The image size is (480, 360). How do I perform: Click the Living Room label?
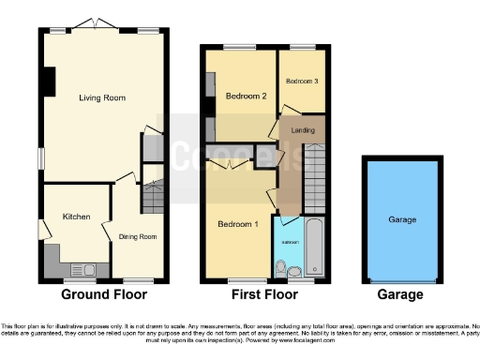(102, 97)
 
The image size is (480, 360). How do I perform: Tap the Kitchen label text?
(76, 217)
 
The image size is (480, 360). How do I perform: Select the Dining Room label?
(137, 236)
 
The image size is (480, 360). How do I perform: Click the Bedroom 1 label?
(237, 224)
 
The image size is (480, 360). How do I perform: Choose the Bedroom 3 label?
(302, 82)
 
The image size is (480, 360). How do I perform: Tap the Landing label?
(303, 129)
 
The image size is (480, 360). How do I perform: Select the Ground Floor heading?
(104, 294)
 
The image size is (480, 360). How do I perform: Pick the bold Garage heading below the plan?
(401, 294)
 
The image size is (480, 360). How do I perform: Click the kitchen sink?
(89, 269)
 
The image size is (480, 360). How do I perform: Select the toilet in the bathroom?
(295, 271)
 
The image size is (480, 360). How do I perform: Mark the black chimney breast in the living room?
(46, 82)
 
